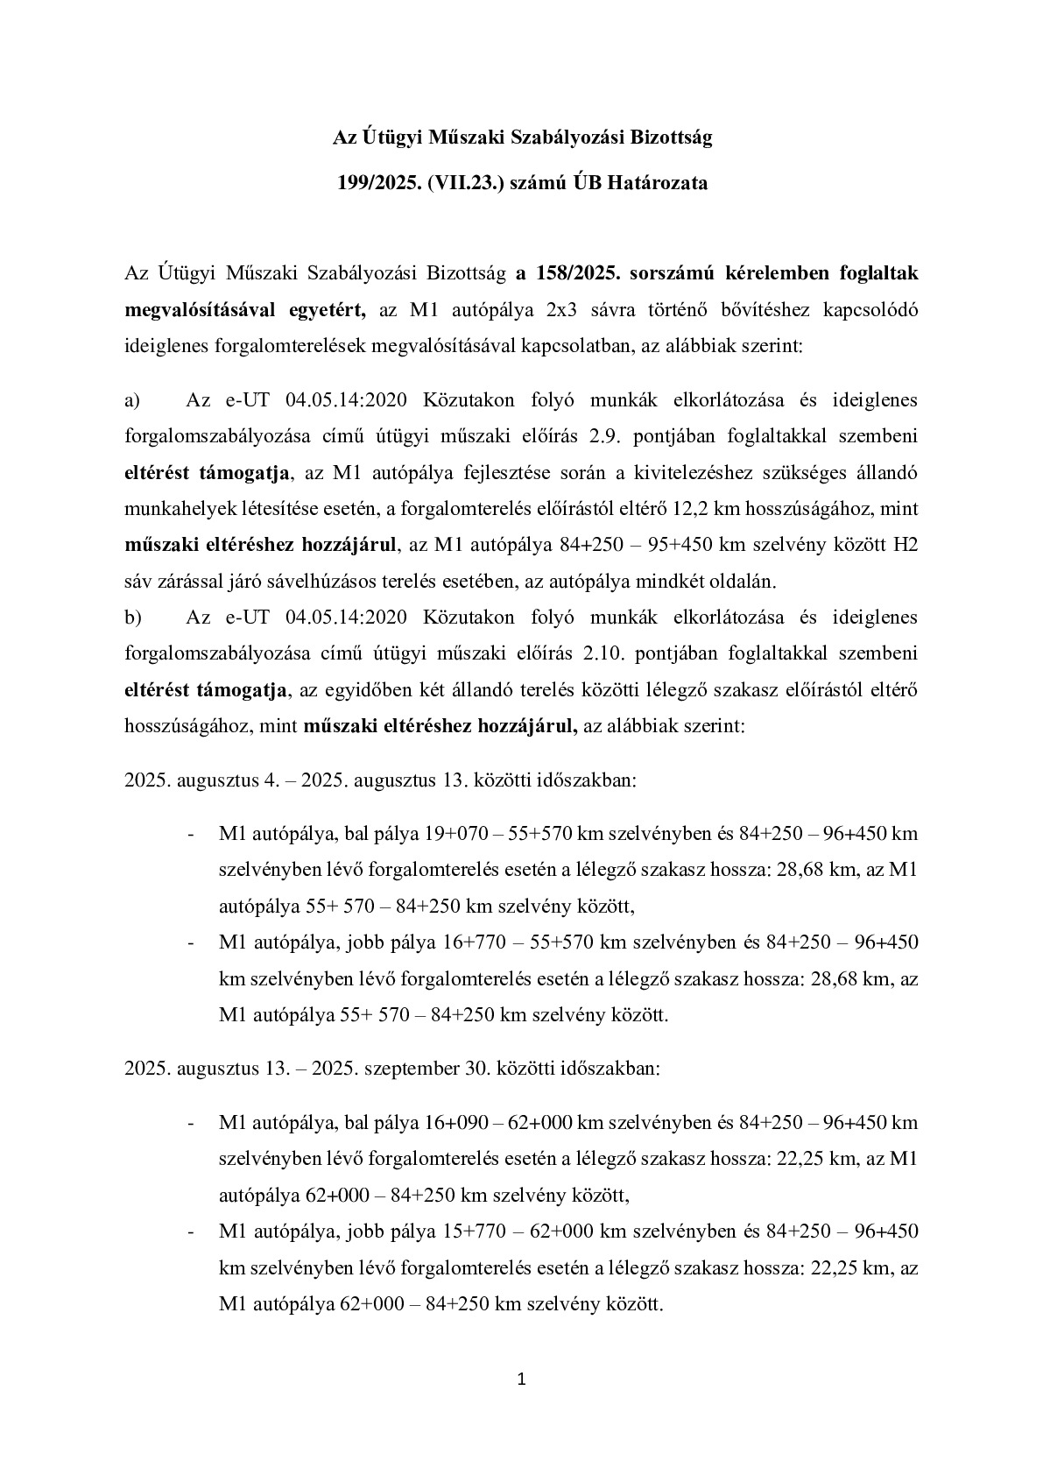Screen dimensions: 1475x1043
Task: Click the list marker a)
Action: click(x=133, y=400)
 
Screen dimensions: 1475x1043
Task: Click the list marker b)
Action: click(x=133, y=617)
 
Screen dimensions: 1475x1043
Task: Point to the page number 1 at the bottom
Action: click(x=521, y=1380)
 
